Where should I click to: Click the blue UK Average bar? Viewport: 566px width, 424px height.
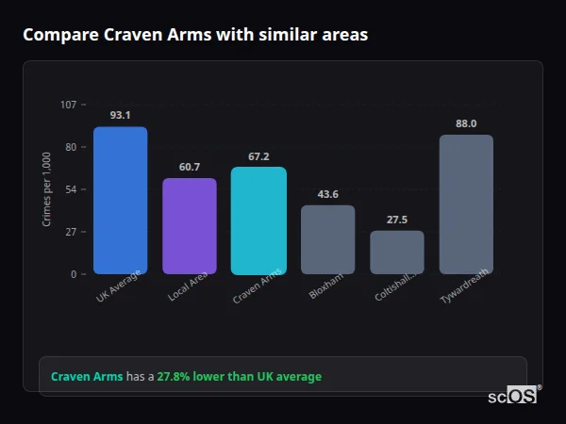point(120,201)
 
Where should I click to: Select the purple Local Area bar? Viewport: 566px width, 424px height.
point(189,226)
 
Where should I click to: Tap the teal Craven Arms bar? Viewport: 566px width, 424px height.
point(258,220)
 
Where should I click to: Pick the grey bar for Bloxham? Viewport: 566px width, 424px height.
point(327,239)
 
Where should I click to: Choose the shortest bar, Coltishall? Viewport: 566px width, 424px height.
point(397,253)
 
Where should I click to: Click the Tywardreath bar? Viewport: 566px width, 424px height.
point(466,204)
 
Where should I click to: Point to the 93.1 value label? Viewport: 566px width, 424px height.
point(120,115)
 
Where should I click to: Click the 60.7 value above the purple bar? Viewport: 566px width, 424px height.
point(189,167)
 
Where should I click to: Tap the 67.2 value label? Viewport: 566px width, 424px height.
point(258,156)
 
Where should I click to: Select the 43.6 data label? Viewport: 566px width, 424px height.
point(327,194)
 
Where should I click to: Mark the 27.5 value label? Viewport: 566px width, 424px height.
point(397,220)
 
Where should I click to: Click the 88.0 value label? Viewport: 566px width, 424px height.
point(466,123)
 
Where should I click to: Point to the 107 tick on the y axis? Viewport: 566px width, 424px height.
point(68,105)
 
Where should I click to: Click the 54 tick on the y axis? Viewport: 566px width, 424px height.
point(71,189)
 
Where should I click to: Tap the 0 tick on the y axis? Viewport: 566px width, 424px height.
point(74,274)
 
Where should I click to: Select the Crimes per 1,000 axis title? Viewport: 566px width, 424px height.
point(46,189)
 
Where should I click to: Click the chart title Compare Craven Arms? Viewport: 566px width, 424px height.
point(195,35)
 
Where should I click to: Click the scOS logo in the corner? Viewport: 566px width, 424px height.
point(513,396)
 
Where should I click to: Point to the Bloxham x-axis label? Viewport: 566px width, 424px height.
point(323,288)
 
